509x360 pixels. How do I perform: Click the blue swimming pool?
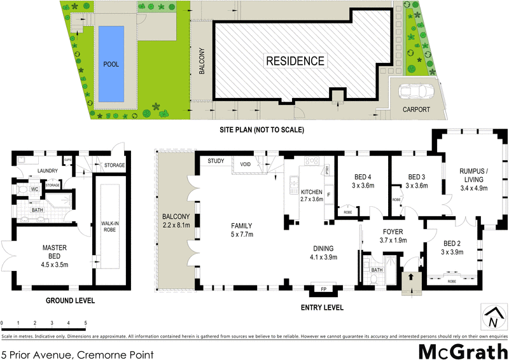coord(111,64)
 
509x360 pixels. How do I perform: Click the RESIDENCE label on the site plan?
coord(295,62)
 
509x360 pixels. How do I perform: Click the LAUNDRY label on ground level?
coord(48,170)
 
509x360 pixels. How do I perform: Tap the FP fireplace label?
coord(323,289)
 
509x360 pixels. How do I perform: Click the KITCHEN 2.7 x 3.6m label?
coord(312,195)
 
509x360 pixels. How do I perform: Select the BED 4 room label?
coord(362,181)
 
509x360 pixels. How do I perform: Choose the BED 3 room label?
coord(416,181)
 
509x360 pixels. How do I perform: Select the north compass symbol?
coord(493,316)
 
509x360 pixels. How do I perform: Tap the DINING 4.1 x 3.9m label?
coord(324,253)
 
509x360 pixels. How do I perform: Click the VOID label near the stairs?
coord(245,164)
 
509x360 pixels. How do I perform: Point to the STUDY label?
coord(216,161)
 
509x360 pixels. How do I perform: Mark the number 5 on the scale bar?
coord(85,324)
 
